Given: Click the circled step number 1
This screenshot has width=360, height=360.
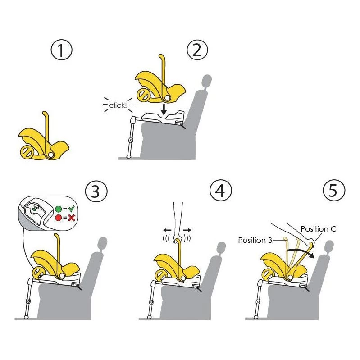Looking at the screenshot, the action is coord(61,50).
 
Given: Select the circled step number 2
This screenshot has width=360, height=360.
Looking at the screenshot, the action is coord(197,50).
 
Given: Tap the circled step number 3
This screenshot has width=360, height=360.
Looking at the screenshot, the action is coord(96,191).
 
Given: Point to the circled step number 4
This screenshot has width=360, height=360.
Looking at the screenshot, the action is coord(221,190).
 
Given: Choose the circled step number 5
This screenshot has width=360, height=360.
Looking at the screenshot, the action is coord(334,190).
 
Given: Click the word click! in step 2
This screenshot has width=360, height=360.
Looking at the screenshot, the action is coord(118,105).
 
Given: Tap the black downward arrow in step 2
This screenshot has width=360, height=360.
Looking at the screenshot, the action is coord(164,109).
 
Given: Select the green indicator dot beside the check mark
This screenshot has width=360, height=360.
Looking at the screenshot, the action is coord(59,209).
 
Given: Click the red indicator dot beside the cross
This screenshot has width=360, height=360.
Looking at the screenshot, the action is coord(59,218).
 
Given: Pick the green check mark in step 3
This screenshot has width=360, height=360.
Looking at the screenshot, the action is coord(72,209).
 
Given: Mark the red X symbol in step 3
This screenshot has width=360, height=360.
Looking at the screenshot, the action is coord(71,218).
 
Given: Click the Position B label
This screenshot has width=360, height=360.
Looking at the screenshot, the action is coord(255,240).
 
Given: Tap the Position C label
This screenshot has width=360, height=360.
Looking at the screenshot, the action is coord(318,229).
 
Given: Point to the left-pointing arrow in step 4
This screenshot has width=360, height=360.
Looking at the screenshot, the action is coord(167,230).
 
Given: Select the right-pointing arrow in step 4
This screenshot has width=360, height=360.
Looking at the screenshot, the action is coord(187,230).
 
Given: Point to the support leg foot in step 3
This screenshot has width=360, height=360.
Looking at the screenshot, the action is coord(27,317).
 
